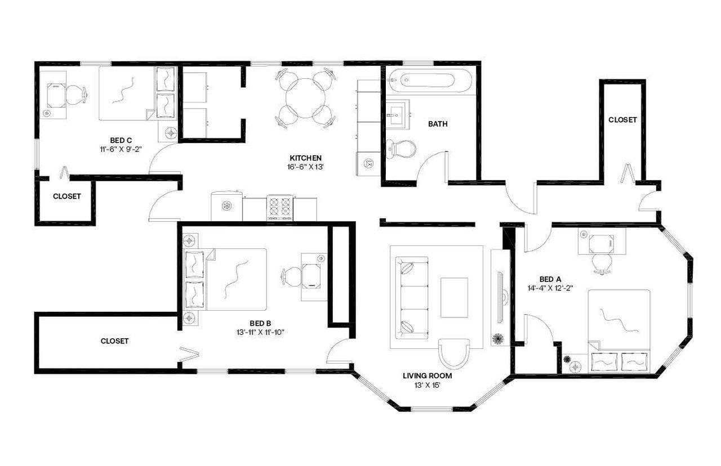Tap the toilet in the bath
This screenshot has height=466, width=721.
pyautogui.click(x=402, y=149)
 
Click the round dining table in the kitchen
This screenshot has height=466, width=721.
pyautogui.click(x=304, y=98)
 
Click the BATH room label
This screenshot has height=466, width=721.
pyautogui.click(x=438, y=124)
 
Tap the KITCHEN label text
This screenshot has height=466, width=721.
pyautogui.click(x=305, y=158)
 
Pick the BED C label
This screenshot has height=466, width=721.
pyautogui.click(x=121, y=140)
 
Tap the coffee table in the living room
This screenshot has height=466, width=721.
pyautogui.click(x=453, y=297)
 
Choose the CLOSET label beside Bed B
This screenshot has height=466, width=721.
pyautogui.click(x=115, y=341)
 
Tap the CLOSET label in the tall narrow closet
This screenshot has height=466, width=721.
pyautogui.click(x=622, y=120)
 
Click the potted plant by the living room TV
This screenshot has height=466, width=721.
pyautogui.click(x=498, y=339)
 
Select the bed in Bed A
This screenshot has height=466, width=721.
pyautogui.click(x=618, y=330)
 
